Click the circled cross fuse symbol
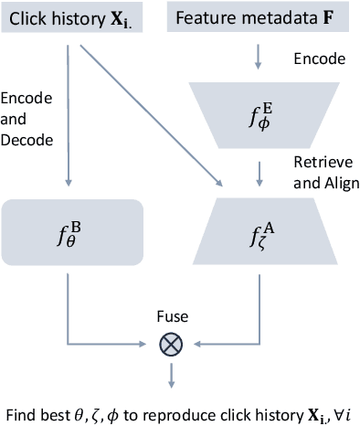click(x=171, y=345)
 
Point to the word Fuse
click(x=171, y=316)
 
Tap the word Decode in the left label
click(x=26, y=141)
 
